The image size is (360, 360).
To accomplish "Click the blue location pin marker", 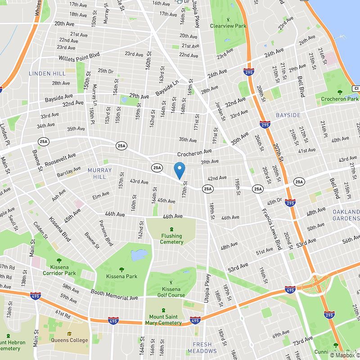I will coord(179,170).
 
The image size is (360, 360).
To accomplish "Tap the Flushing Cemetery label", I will coord(171,239).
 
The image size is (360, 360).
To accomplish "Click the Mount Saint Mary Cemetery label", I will coord(163,320).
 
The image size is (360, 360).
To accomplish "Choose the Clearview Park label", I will coord(228,26).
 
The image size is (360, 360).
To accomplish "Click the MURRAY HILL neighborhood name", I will coord(97,173).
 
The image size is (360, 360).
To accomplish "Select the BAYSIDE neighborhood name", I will coord(288,115).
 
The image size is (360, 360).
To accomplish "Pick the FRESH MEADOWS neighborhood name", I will coord(202,348).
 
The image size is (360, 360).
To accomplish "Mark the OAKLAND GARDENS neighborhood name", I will coord(346,215).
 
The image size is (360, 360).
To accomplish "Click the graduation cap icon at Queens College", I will coord(69,333).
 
